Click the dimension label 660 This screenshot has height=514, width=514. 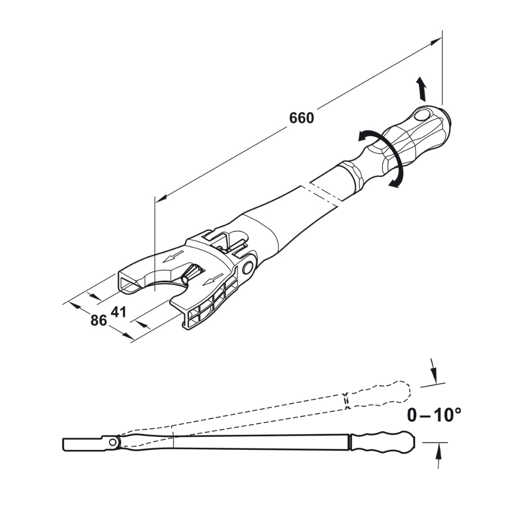[301, 118]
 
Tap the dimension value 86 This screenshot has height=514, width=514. [99, 320]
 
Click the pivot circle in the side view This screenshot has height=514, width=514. [112, 442]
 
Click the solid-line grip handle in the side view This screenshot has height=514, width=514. [383, 442]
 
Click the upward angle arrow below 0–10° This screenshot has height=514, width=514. [438, 455]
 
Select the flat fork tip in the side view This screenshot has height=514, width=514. [82, 443]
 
